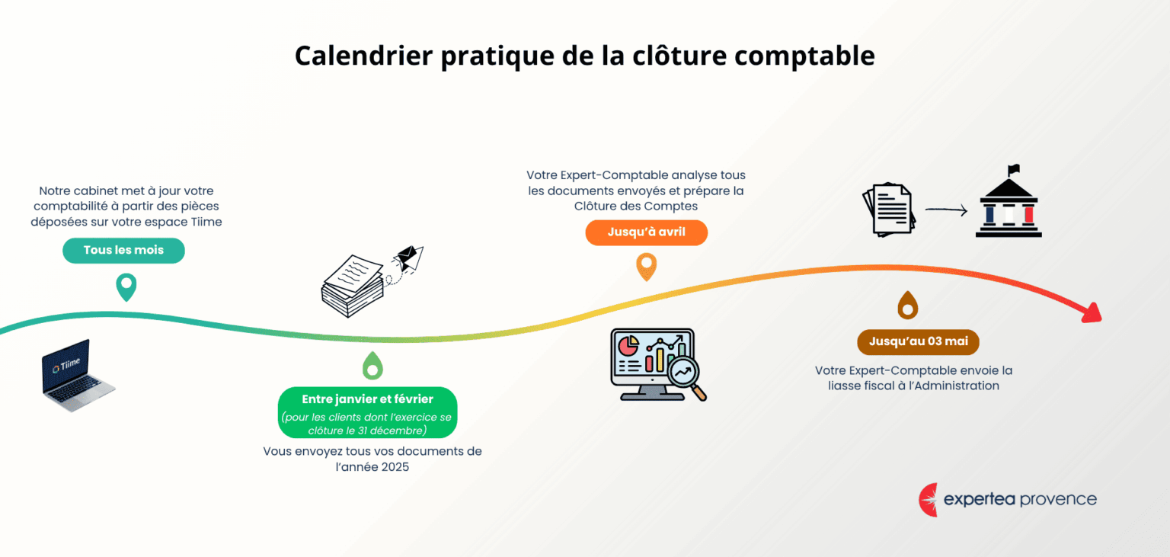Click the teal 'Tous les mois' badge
point(123,251)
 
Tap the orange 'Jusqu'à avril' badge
point(646,232)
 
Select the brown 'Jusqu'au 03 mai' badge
point(918,342)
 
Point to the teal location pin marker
point(126,287)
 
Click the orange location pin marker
point(646,267)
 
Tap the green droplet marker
point(372,366)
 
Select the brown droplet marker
point(907,305)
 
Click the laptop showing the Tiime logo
point(77,376)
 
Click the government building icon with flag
point(1009,203)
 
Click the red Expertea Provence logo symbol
point(929,500)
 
